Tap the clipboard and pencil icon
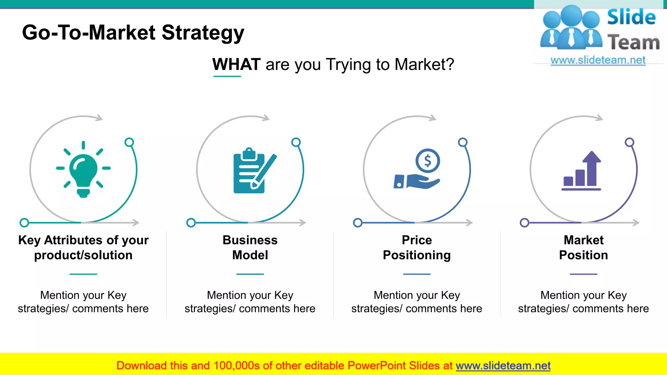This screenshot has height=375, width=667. (x=252, y=171)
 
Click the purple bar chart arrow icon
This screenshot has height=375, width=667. (x=582, y=171)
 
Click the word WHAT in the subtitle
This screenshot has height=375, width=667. (x=236, y=64)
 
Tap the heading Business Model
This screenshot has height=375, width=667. (x=250, y=247)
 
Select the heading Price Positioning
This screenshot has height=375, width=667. (x=417, y=247)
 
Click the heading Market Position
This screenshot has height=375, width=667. (x=584, y=247)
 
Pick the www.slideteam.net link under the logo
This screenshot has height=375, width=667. (x=598, y=60)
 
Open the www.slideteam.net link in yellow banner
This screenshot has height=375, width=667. (x=503, y=366)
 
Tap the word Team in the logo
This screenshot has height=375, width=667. (x=633, y=43)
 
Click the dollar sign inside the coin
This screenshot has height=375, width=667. (x=428, y=160)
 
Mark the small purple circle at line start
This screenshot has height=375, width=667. (x=524, y=223)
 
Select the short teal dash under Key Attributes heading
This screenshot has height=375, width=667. (x=83, y=274)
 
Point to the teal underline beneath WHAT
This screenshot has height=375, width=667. (x=227, y=76)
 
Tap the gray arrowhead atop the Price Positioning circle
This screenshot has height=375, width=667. (x=433, y=118)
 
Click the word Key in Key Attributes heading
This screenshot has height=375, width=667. (x=29, y=240)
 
